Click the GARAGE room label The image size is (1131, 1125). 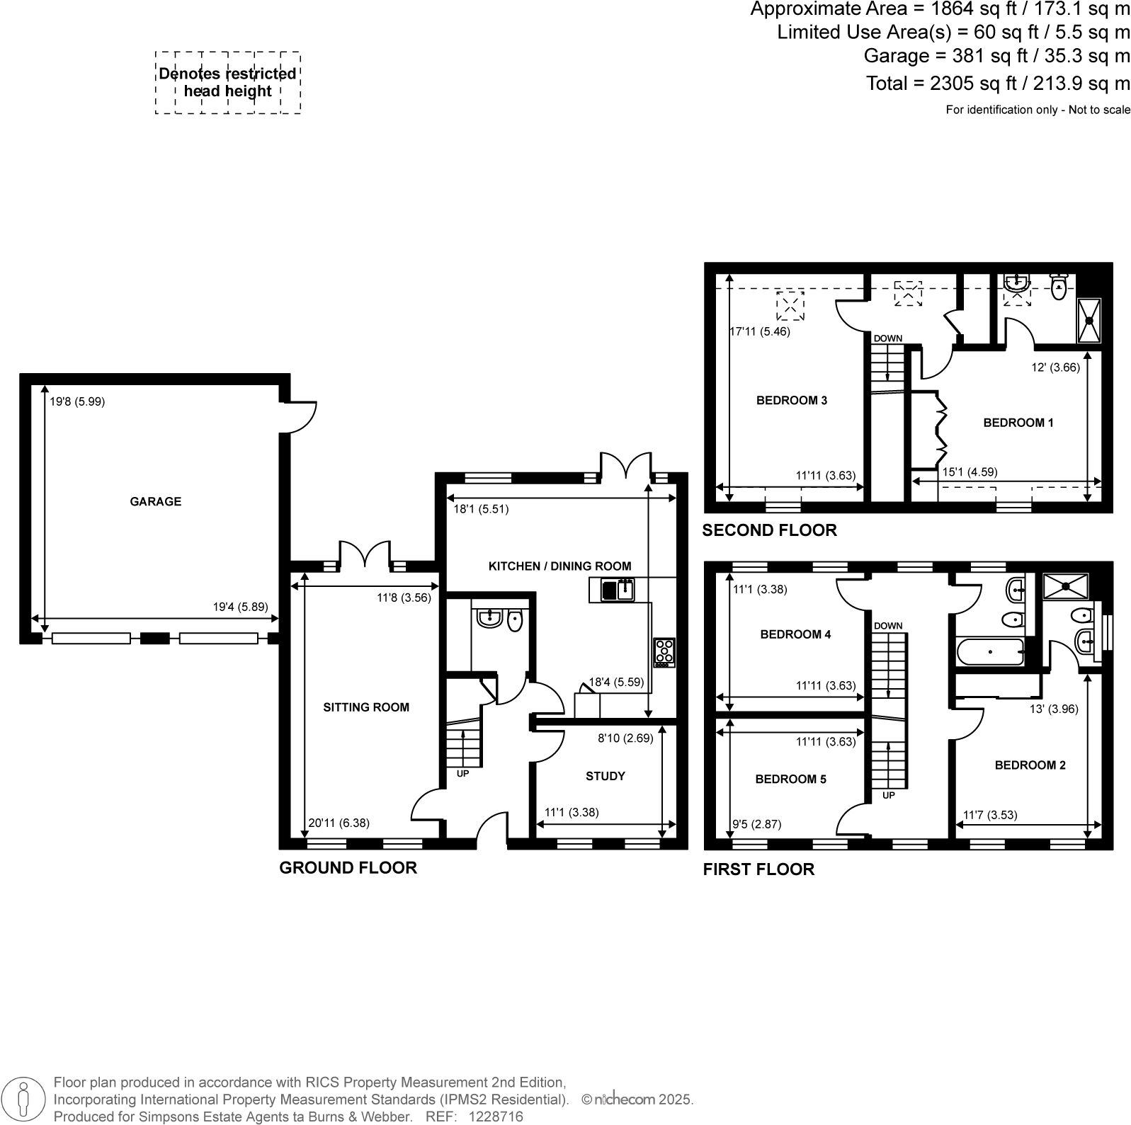(155, 501)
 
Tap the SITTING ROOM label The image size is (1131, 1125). (365, 707)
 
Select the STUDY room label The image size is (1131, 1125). (605, 776)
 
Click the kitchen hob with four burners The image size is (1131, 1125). (664, 652)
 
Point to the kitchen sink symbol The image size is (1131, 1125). (618, 589)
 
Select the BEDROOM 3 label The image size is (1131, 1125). (791, 400)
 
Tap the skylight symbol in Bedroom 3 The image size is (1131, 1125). (790, 306)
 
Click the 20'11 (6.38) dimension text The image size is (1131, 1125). (339, 823)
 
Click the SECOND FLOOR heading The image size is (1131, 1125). (769, 530)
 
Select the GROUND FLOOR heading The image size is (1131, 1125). (348, 867)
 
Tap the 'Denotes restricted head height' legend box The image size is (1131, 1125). (227, 82)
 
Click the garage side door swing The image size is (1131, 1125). (301, 416)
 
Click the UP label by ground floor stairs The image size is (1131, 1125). (462, 774)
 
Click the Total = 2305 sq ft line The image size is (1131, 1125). (998, 84)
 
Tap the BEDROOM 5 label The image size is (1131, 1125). (790, 779)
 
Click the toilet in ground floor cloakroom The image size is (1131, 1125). (515, 620)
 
